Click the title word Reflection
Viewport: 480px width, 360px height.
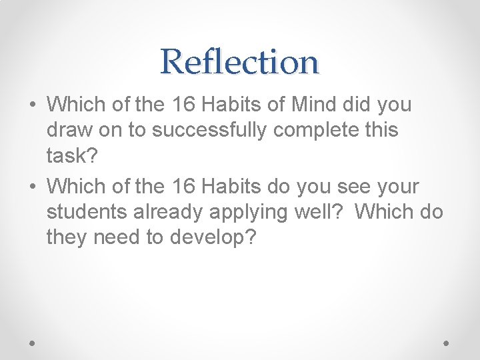tap(240, 62)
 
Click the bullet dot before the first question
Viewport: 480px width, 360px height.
tap(33, 105)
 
